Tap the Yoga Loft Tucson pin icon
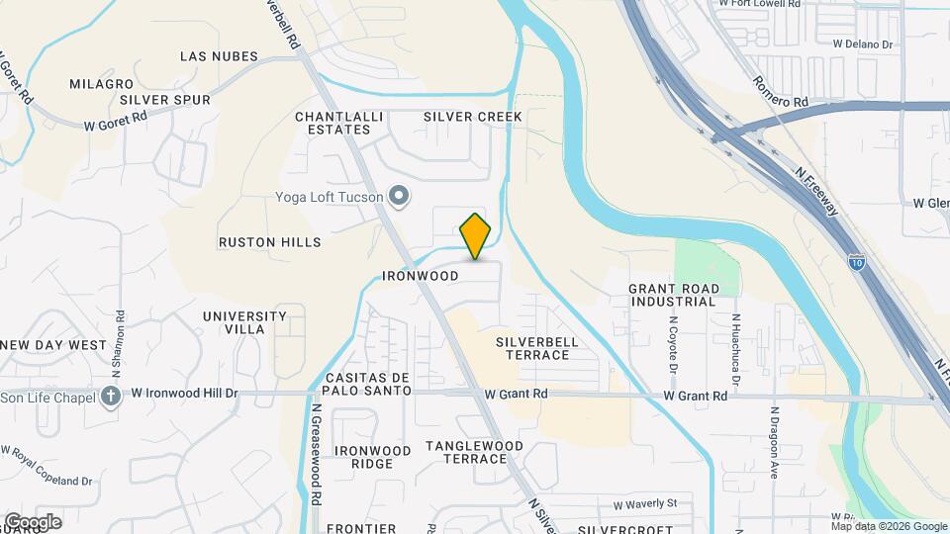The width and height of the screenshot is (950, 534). [399, 197]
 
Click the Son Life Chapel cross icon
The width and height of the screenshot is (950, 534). [111, 397]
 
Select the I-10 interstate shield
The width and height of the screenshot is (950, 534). [856, 262]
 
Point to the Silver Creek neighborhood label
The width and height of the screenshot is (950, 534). [472, 117]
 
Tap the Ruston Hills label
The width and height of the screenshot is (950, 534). [270, 241]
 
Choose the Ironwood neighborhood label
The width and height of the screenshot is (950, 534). [421, 276]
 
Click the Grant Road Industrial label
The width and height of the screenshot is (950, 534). [674, 295]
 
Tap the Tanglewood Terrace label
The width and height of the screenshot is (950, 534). [474, 452]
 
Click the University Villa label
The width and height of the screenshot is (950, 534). [244, 322]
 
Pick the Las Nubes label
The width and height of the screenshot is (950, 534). [219, 56]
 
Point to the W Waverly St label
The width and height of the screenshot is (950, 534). [645, 504]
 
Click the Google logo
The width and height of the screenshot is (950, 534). [33, 522]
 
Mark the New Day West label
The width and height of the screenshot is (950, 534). [53, 345]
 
